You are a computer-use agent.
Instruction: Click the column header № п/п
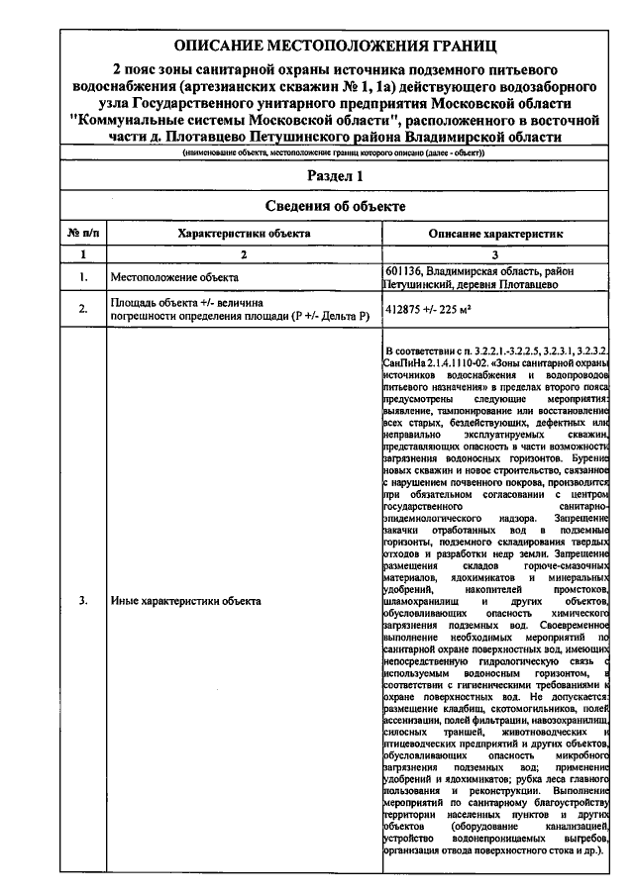[83, 233]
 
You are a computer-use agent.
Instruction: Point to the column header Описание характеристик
[495, 233]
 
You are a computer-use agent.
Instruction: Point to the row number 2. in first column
[83, 308]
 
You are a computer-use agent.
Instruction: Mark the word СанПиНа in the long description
[406, 364]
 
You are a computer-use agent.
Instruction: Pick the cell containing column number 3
[495, 254]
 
